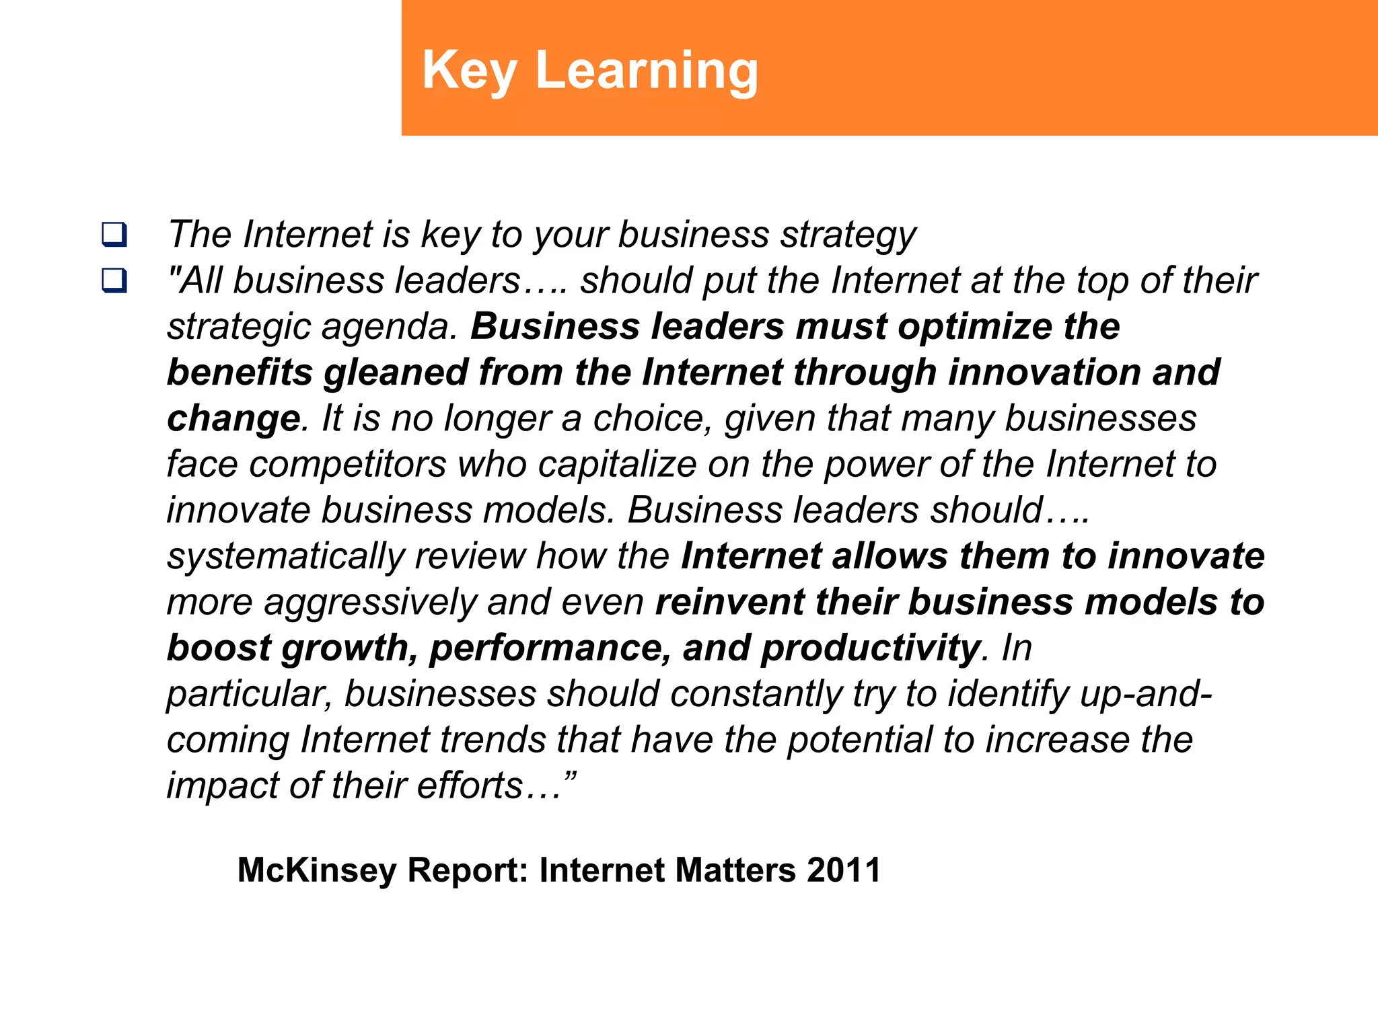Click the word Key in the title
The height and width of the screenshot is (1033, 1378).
click(470, 71)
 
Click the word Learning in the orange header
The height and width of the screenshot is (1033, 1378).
click(647, 71)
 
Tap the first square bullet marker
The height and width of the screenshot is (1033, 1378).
click(114, 234)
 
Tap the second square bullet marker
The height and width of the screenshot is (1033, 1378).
click(114, 280)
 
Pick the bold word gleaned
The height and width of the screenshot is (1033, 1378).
click(396, 373)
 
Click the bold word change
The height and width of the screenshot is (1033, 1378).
click(233, 418)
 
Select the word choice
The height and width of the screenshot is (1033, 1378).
click(651, 418)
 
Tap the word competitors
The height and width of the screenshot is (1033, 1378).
click(347, 464)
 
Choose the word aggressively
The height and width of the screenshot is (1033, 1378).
click(370, 603)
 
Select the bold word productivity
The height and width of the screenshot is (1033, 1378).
click(869, 648)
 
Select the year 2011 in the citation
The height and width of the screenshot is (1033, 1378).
click(844, 870)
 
